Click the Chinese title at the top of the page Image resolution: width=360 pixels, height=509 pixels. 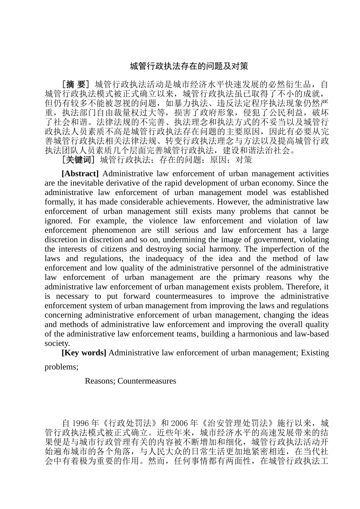pos(189,66)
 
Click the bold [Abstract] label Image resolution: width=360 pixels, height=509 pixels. pos(80,174)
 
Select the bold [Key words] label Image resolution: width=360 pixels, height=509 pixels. pos(84,353)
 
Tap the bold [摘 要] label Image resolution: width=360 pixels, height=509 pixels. pos(76,84)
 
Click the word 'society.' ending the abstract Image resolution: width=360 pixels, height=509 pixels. pos(57,343)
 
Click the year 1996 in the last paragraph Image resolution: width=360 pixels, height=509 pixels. pos(80,423)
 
